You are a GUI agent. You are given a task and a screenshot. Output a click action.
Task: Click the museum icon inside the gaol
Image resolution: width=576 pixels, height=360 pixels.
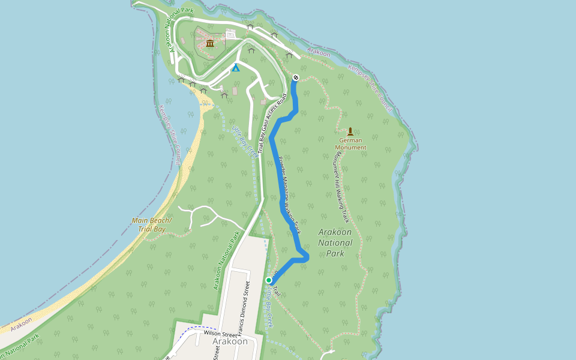click(x=210, y=43)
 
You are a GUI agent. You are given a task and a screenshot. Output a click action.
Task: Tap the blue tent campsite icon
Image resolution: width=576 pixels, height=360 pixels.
click(x=236, y=68)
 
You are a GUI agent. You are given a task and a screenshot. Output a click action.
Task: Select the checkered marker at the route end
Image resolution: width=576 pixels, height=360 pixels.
click(x=296, y=77)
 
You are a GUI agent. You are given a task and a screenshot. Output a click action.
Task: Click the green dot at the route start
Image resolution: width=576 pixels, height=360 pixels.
click(x=269, y=280)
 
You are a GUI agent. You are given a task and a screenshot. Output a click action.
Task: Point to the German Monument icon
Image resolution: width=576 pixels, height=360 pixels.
click(x=350, y=131)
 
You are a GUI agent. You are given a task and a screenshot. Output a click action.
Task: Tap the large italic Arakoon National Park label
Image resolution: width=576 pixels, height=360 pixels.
click(x=335, y=242)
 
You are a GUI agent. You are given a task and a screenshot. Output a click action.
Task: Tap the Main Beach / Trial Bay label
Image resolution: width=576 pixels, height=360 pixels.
click(x=152, y=224)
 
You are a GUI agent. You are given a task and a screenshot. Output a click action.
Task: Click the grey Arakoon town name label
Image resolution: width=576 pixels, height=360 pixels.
click(x=230, y=341)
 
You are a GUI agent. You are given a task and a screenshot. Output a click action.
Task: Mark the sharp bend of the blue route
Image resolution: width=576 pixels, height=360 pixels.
click(x=307, y=257)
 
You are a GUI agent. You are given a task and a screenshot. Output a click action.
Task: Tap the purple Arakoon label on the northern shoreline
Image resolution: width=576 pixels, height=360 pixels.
click(x=319, y=53)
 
